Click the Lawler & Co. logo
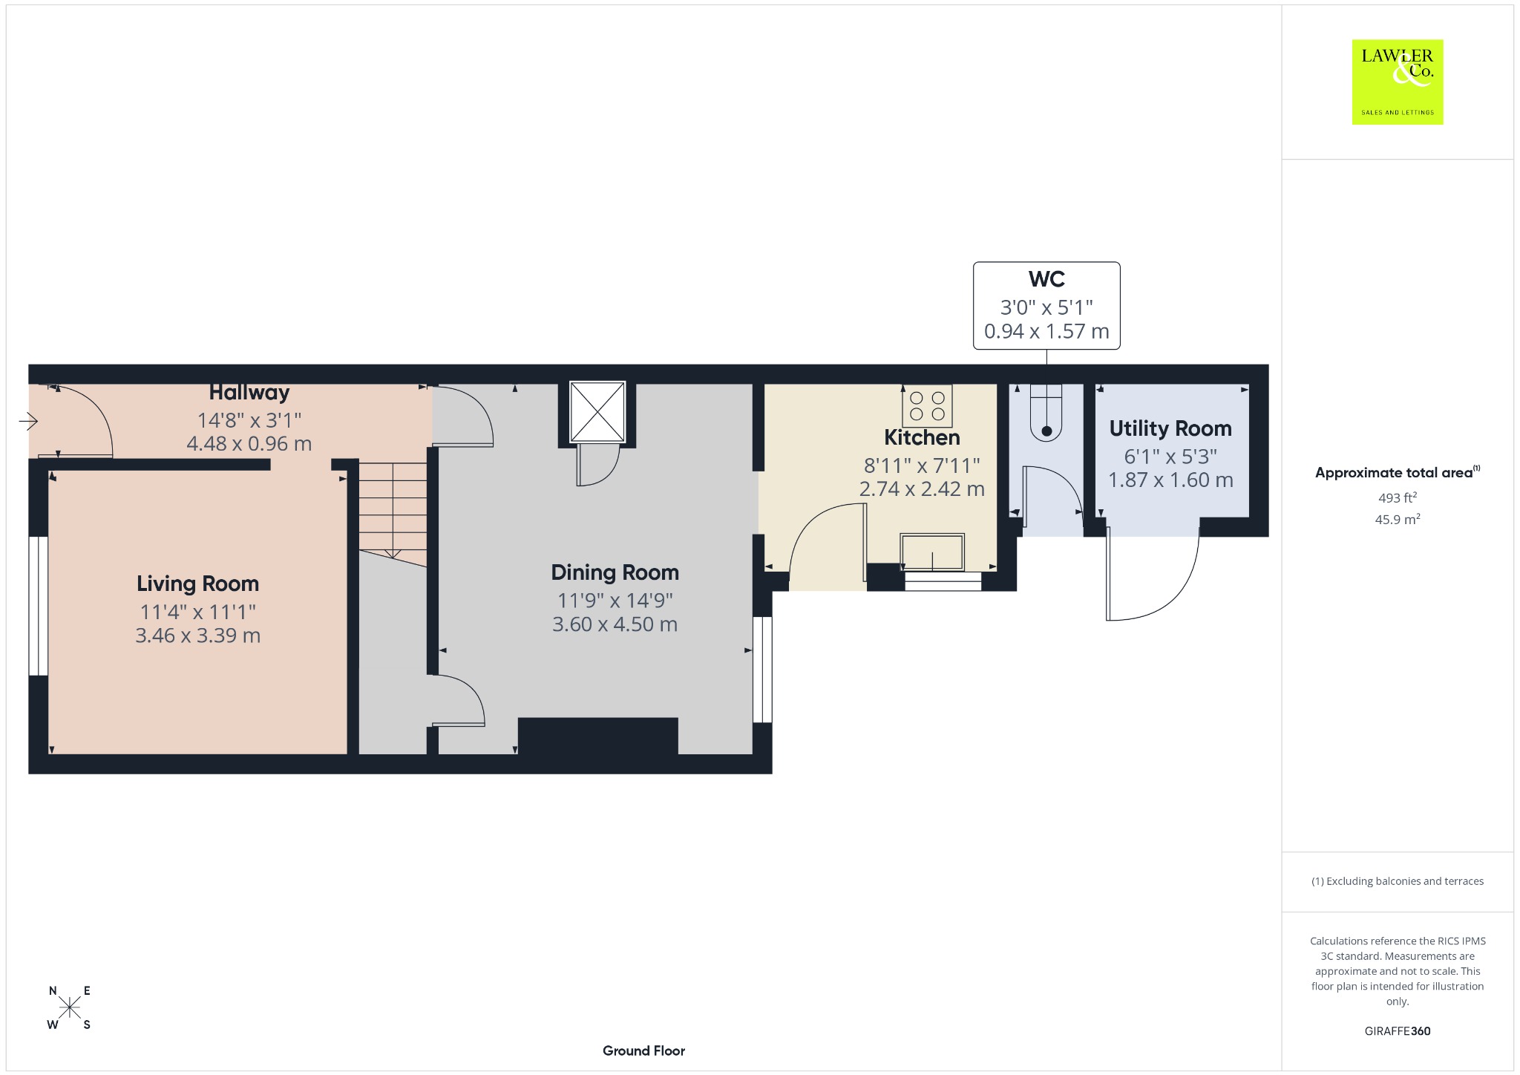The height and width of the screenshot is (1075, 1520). pos(1397,82)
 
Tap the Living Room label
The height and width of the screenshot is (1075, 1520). pos(197,584)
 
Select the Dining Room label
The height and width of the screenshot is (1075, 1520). pos(615,572)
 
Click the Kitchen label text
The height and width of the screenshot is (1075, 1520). pos(922,437)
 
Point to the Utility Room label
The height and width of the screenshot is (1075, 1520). pos(1170,428)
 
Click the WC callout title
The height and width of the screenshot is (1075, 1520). pos(1046,279)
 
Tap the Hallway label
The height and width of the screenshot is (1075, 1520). pos(249,392)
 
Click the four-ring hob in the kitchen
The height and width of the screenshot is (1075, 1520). pos(927,406)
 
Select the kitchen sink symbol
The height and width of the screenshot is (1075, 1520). pos(932,552)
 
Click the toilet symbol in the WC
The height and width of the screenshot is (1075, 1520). pos(1046,413)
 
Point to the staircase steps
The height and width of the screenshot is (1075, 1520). pos(393,512)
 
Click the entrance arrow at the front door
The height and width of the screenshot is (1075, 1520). pos(28,422)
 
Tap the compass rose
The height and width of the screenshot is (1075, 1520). pos(70,1007)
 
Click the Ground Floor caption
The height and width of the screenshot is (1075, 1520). pos(643,1051)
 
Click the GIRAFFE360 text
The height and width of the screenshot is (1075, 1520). pos(1398,1030)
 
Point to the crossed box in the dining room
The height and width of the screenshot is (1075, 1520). pos(597,412)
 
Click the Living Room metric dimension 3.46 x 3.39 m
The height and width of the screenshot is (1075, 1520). pos(197,635)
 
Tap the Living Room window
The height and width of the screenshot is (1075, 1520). pos(38,606)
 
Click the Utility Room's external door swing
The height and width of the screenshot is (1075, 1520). pos(1152,572)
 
